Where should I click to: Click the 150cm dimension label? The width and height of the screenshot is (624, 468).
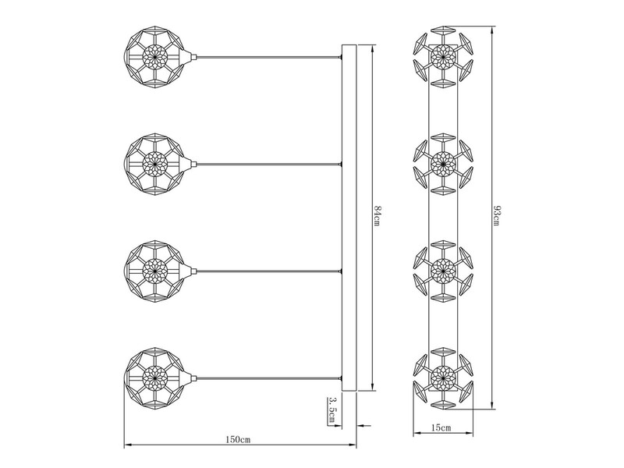[x=239, y=439]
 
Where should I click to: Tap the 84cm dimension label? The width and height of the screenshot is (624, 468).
[x=378, y=216]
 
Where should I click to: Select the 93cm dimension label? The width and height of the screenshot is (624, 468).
[x=496, y=216]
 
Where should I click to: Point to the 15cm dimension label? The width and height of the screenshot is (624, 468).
[x=441, y=427]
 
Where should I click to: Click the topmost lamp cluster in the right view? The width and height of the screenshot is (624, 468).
[x=443, y=56]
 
